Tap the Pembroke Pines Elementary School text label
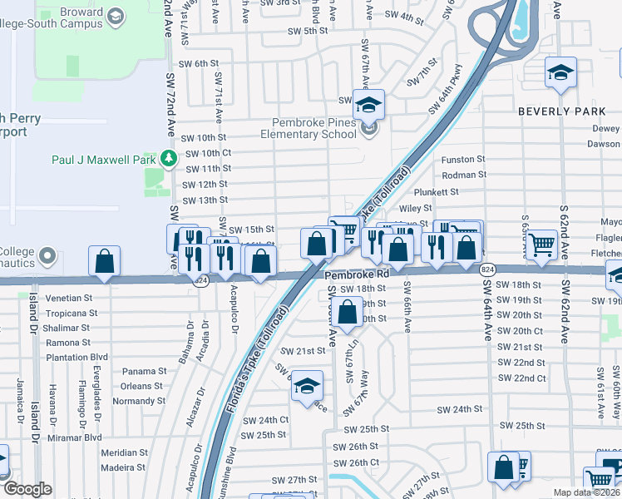point(308,127)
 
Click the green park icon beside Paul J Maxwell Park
point(169,157)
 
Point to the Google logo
point(27,489)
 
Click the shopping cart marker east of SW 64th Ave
point(541,245)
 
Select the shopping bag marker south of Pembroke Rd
point(348,314)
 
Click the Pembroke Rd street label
point(357,273)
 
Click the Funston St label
point(463,159)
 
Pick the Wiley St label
point(416,209)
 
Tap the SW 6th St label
point(199,63)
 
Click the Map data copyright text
point(587,492)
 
